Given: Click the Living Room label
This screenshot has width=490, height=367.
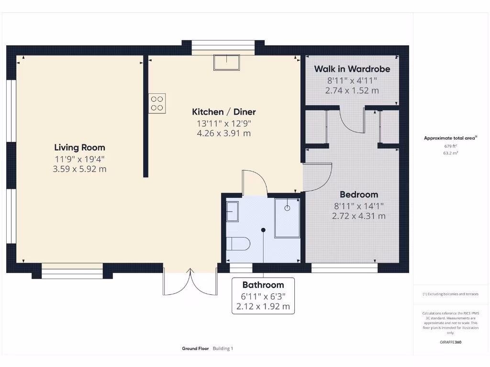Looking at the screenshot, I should click(79, 147).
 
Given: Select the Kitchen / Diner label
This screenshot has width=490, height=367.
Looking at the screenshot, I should click(224, 112).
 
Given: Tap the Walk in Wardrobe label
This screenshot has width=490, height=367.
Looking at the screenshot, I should click(352, 69).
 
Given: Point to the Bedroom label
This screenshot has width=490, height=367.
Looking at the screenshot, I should click(359, 194).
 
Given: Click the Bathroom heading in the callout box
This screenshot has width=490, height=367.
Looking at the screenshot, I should click(263, 285).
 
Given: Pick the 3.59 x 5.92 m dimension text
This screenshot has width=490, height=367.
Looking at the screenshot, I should click(79, 169).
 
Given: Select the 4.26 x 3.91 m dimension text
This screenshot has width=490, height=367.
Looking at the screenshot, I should click(224, 133).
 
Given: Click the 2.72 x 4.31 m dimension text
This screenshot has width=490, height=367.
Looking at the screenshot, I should click(359, 216).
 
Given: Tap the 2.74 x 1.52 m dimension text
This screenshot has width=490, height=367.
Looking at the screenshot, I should click(352, 90).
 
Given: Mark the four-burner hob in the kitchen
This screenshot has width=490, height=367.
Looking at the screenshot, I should click(157, 103).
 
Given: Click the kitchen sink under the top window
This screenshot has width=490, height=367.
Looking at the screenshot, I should click(226, 63).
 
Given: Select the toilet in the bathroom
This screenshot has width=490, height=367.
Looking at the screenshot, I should click(238, 244).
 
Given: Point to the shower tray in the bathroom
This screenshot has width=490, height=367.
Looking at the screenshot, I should click(287, 217).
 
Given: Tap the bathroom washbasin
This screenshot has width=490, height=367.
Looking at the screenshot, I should click(232, 211).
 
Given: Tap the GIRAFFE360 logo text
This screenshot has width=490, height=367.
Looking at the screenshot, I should click(450, 342).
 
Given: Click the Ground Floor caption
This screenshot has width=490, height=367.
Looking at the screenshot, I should click(195, 349).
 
